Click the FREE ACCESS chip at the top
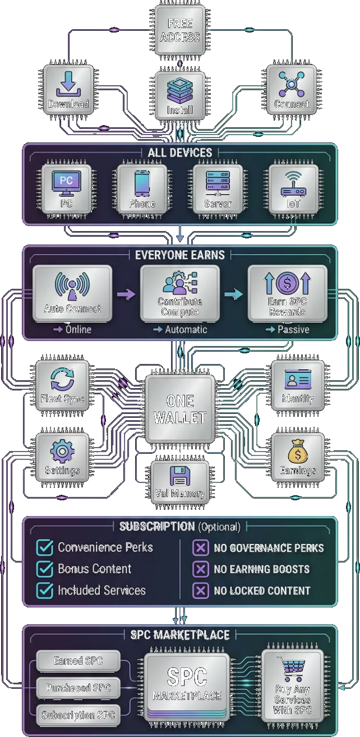pyautogui.click(x=179, y=30)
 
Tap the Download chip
pyautogui.click(x=68, y=90)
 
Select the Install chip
pyautogui.click(x=179, y=96)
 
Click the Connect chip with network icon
pyautogui.click(x=291, y=90)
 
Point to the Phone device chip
pyautogui.click(x=142, y=188)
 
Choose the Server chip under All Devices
pyautogui.click(x=218, y=188)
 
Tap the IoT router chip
pyautogui.click(x=293, y=188)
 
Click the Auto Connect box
pyautogui.click(x=72, y=293)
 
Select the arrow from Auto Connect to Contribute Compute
pyautogui.click(x=126, y=293)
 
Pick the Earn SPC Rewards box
pyautogui.click(x=287, y=293)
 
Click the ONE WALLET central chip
pyautogui.click(x=179, y=409)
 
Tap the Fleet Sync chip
pyautogui.click(x=62, y=386)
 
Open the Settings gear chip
pyautogui.click(x=62, y=457)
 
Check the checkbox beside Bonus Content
pyautogui.click(x=44, y=569)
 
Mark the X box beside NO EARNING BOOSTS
pyautogui.click(x=200, y=569)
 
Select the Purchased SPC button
pyautogui.click(x=78, y=688)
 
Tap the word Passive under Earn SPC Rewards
pyautogui.click(x=293, y=330)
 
